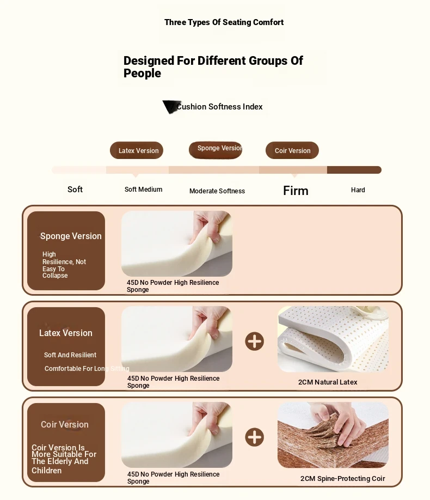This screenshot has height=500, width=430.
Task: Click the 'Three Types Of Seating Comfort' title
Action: pyautogui.click(x=224, y=22)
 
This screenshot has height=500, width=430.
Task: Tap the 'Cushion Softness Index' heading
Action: pyautogui.click(x=219, y=107)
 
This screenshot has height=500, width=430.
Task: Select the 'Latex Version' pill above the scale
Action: pyautogui.click(x=137, y=150)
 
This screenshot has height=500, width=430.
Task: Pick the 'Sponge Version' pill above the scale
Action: pyautogui.click(x=216, y=150)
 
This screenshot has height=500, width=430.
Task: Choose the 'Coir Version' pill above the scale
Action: pyautogui.click(x=292, y=150)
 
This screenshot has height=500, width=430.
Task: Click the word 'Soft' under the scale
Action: pyautogui.click(x=75, y=190)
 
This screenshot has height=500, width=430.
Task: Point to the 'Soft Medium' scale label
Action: pyautogui.click(x=144, y=190)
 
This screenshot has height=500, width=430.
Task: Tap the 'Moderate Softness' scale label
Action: pyautogui.click(x=217, y=191)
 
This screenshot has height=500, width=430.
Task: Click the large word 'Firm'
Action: pyautogui.click(x=296, y=191)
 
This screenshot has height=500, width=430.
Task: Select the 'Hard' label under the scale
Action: pyautogui.click(x=358, y=190)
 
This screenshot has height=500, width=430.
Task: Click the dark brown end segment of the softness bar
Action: pyautogui.click(x=354, y=169)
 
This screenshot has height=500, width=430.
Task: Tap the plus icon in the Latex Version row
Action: pyautogui.click(x=254, y=341)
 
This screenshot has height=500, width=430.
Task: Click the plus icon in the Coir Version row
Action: pyautogui.click(x=254, y=437)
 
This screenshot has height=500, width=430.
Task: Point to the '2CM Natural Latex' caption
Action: pyautogui.click(x=328, y=382)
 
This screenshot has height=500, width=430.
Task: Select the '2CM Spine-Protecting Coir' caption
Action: pyautogui.click(x=343, y=479)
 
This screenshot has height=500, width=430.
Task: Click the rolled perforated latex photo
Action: pyautogui.click(x=333, y=339)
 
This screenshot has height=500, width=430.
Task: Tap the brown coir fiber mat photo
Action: pyautogui.click(x=333, y=435)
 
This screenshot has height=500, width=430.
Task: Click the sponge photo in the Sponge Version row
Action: pyautogui.click(x=176, y=243)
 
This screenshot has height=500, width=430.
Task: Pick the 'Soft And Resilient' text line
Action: pyautogui.click(x=70, y=355)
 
